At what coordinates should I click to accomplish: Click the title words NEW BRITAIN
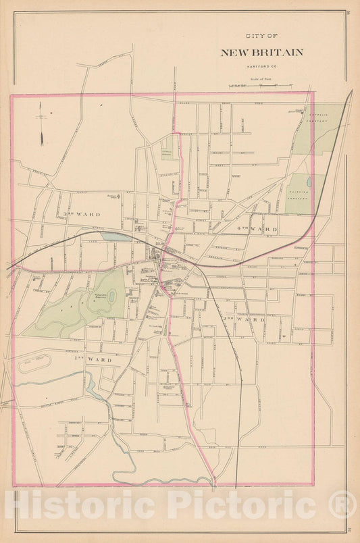coord(261,53)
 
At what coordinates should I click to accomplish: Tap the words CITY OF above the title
coord(261,38)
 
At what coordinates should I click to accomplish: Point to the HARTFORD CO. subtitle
coord(261,64)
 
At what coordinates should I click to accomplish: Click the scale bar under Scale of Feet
coord(260,86)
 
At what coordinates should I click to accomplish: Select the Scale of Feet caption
coord(261,79)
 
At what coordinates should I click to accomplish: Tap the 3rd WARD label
coord(82,214)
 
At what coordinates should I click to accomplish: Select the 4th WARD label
coord(260,230)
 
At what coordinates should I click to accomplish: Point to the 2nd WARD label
coord(252,319)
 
